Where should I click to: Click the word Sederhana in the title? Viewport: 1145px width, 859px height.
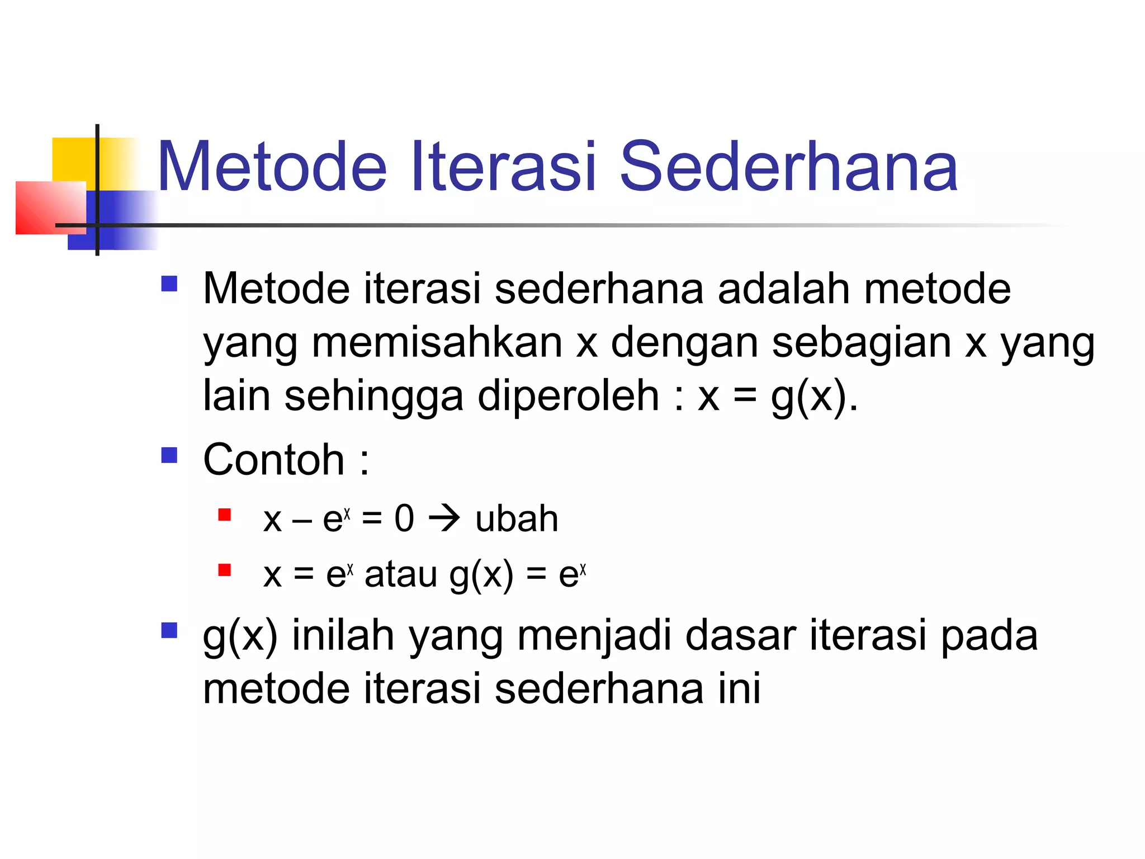[789, 167]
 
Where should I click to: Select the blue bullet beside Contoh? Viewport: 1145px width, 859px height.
[169, 455]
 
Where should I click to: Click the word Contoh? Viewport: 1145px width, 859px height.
[273, 460]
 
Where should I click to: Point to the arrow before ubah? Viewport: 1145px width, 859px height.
[444, 518]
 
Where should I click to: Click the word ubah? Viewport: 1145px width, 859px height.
[517, 518]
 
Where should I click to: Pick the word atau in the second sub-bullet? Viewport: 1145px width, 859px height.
[400, 574]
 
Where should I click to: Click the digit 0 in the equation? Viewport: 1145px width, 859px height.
[404, 518]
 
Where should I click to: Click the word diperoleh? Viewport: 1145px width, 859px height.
[568, 395]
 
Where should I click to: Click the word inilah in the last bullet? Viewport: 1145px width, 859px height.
[343, 636]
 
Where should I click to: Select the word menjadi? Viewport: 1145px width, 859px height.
[593, 636]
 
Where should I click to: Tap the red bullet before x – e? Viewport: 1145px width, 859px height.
[225, 515]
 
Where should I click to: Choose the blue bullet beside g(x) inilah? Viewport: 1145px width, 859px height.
[169, 631]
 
